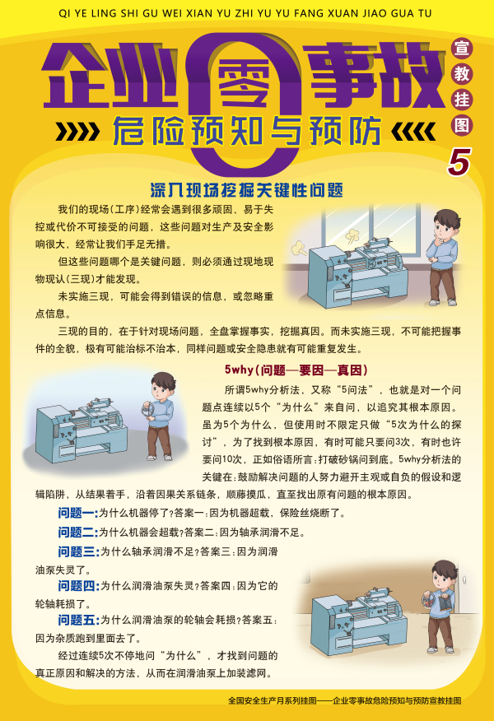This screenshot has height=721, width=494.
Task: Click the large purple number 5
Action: coord(459,162)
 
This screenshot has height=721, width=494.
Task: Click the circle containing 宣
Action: coord(461,48)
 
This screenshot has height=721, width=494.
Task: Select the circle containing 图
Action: coord(461,125)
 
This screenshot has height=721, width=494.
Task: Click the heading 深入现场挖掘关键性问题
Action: coord(246,190)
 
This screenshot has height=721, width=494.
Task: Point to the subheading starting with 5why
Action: coord(296,370)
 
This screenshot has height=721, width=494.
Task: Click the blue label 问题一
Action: coord(78,513)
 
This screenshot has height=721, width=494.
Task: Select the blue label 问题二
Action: coord(78,533)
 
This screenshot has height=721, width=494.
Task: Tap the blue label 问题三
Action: coord(78,551)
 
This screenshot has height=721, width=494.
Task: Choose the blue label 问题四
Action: coord(78,586)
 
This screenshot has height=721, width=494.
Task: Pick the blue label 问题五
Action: coord(78,620)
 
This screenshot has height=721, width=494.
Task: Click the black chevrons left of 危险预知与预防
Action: coord(77,132)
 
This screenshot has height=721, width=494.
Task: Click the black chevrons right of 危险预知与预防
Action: coord(413,132)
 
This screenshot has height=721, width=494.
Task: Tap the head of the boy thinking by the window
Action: coord(446,225)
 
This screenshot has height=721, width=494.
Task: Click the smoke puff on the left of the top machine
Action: coord(299,249)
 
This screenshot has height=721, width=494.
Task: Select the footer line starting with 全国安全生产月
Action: coord(344,700)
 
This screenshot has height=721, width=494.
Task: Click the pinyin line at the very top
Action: coord(245,13)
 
